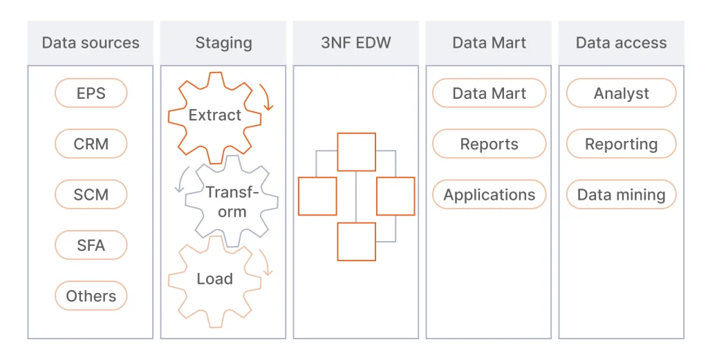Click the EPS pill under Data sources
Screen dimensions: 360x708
point(91,93)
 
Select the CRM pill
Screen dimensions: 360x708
point(91,144)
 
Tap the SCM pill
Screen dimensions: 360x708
point(91,195)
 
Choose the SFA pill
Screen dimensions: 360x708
point(91,245)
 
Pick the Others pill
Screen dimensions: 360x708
point(91,296)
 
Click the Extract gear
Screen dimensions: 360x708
point(214,115)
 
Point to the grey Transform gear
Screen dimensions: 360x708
point(232,202)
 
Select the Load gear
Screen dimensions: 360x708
point(214,279)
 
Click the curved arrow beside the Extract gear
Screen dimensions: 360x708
point(267,97)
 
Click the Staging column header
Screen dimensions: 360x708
point(223,43)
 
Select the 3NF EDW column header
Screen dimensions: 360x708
point(356,43)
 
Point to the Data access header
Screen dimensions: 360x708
point(621,43)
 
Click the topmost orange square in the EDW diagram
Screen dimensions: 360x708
point(356,152)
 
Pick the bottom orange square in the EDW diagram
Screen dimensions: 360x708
point(356,241)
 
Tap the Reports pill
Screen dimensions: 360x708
point(489,144)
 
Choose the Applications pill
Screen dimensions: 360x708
point(489,195)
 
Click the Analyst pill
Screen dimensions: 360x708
point(621,93)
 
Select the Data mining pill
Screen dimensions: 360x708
point(621,195)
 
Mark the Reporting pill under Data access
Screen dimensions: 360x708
point(621,144)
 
